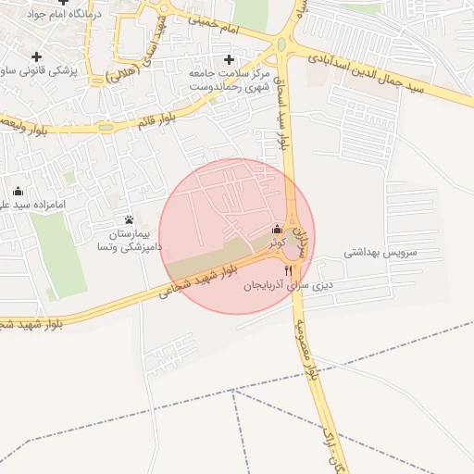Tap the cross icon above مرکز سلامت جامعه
point(228,59)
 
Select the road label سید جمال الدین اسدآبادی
point(388,74)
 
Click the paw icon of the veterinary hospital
point(129,220)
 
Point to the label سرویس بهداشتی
point(381,252)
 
